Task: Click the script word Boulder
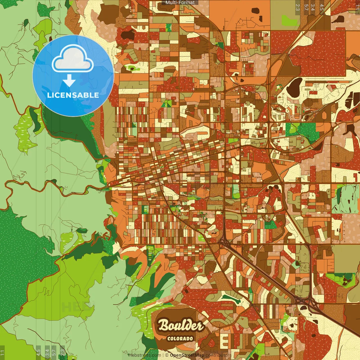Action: (180, 326)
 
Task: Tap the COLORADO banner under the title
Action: (180, 338)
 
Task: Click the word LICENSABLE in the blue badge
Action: (73, 95)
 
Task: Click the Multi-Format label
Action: (180, 3)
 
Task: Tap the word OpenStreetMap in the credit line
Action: (187, 355)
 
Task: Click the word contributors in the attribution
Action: (218, 355)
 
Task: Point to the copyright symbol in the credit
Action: (166, 355)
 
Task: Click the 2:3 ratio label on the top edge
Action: (298, 7)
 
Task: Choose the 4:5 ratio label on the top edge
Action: (322, 7)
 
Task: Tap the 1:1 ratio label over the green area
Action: (2, 352)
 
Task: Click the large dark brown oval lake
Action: (294, 86)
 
